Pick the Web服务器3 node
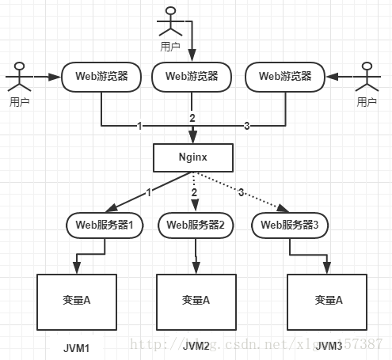pos(289,225)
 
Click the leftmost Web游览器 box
pos(101,77)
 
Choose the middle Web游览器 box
pos(192,77)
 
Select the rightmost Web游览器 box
pos(284,77)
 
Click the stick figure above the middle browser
pos(169,21)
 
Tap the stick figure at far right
pos(366,80)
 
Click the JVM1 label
pos(78,347)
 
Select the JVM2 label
pos(196,347)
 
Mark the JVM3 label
pos(326,347)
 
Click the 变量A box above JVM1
pos(77,301)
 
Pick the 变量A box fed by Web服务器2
pos(195,301)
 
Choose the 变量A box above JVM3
pos(326,301)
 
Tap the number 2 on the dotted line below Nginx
pos(195,192)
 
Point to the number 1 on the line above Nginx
pos(139,126)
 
